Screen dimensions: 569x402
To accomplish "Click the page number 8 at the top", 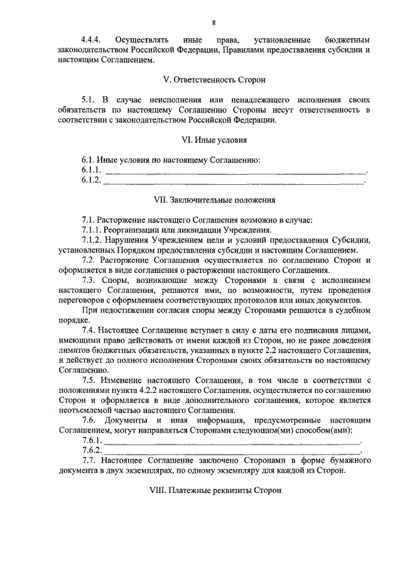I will (x=214, y=23).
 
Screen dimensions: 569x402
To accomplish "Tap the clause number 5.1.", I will (x=89, y=99).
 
